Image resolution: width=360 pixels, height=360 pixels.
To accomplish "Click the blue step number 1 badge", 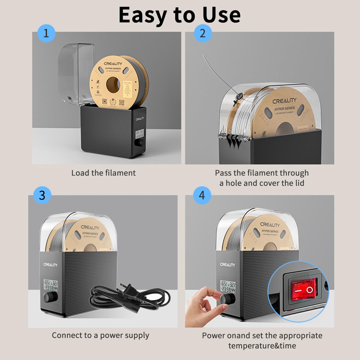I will (46, 33).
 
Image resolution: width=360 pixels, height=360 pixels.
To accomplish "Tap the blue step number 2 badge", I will (202, 33).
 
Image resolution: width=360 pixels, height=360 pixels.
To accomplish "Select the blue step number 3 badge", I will (42, 195).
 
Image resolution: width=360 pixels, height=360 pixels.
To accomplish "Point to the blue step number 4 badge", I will (202, 195).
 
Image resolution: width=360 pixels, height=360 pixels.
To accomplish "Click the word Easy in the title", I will (142, 15).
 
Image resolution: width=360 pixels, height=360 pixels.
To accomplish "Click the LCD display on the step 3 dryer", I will (51, 285).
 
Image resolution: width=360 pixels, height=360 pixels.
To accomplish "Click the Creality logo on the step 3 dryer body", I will (50, 265).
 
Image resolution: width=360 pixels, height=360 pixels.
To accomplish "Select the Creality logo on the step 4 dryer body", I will (227, 265).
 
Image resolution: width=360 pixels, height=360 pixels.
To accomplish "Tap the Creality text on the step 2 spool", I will (284, 101).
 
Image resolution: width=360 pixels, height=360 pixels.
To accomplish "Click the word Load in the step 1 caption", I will (80, 173).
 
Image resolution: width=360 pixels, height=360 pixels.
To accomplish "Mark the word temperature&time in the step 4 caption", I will (262, 346).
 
